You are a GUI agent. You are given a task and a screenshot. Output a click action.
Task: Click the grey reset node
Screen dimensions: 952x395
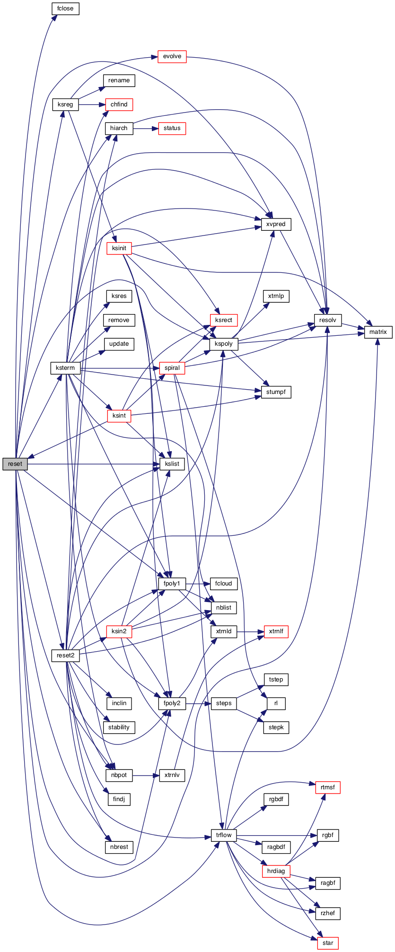(15, 464)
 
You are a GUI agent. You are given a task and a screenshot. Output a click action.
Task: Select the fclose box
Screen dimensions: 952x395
(65, 9)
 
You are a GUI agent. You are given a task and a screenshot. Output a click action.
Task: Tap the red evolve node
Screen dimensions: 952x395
(172, 56)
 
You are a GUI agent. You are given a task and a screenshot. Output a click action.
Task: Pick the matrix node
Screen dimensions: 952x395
(378, 332)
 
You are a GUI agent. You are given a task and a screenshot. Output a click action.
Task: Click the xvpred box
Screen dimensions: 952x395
(276, 224)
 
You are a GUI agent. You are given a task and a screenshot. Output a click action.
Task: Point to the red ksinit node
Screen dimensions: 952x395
(119, 248)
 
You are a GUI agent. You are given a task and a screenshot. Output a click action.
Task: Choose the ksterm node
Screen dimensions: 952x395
(65, 368)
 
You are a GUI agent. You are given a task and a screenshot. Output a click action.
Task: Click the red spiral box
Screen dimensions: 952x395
(172, 368)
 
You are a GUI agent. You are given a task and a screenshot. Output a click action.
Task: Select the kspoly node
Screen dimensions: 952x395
(224, 344)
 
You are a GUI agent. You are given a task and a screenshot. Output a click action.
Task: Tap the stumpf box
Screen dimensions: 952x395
(276, 392)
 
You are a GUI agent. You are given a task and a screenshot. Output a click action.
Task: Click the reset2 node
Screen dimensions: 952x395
(65, 655)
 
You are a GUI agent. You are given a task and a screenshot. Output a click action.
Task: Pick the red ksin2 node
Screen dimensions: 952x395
(119, 631)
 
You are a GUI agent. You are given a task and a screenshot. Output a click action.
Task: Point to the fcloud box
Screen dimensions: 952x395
(224, 584)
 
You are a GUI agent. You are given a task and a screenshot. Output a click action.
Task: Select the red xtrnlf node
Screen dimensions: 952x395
(276, 631)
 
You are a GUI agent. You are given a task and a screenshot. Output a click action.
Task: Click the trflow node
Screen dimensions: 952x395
(224, 835)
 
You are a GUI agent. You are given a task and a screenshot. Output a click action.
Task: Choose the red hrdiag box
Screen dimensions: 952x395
(276, 871)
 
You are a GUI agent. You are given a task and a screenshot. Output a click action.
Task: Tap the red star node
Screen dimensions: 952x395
(328, 943)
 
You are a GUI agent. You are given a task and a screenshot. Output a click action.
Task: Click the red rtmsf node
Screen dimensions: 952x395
(328, 787)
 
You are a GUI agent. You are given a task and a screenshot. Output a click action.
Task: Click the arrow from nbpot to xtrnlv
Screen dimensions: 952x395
(146, 776)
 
